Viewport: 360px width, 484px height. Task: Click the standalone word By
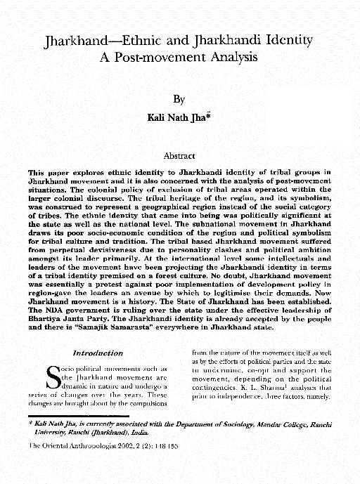pyautogui.click(x=179, y=101)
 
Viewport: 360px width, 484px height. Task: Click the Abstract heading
pyautogui.click(x=179, y=157)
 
